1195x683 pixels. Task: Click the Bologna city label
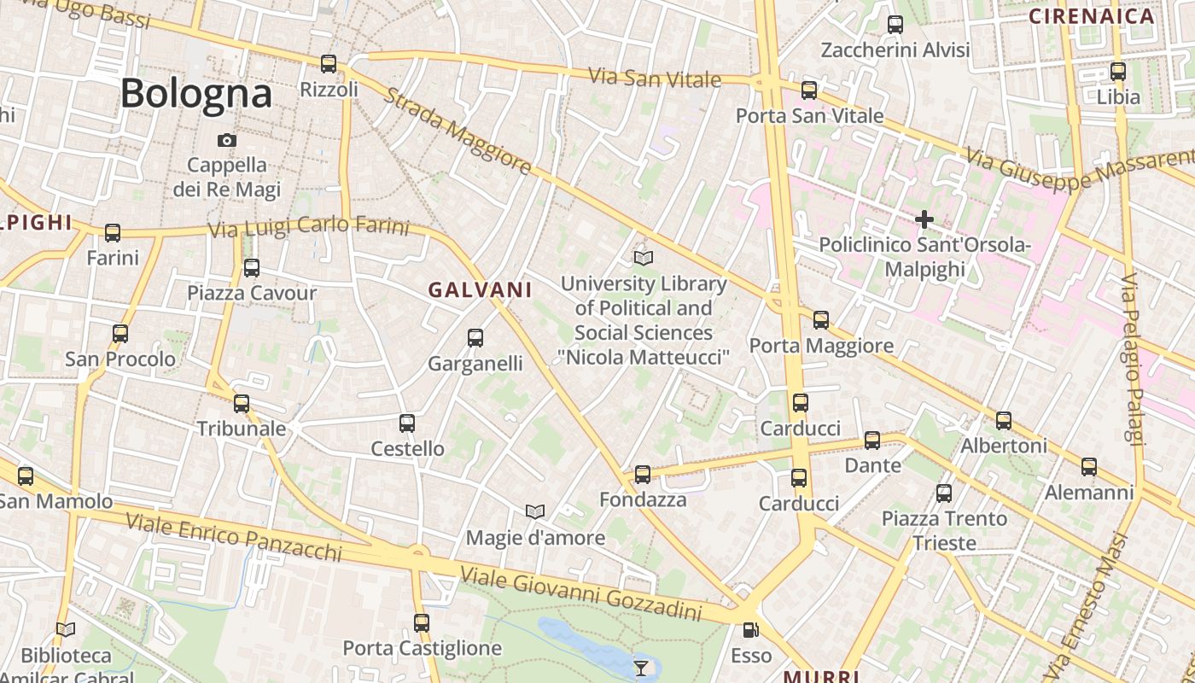point(196,93)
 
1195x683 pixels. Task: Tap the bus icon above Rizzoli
point(329,63)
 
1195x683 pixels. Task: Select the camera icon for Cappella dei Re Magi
point(226,140)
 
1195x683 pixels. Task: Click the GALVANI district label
point(480,290)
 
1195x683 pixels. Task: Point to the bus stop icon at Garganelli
point(475,338)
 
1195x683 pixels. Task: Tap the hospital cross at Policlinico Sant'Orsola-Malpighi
point(924,219)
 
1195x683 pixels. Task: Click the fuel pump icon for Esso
point(750,630)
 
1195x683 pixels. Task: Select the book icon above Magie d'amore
point(535,511)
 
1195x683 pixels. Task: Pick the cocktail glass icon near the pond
point(641,667)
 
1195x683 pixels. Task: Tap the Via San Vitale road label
point(655,77)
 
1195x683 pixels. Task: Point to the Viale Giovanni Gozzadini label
point(580,594)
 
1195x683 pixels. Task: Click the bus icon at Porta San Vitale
point(809,90)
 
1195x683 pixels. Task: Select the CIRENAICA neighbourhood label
point(1091,16)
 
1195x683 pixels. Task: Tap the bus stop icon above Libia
point(1118,72)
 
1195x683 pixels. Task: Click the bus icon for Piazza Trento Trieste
point(944,493)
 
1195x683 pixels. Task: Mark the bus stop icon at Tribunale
point(242,403)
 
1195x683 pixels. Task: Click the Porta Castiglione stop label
point(422,648)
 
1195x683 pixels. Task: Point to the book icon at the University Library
point(644,258)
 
